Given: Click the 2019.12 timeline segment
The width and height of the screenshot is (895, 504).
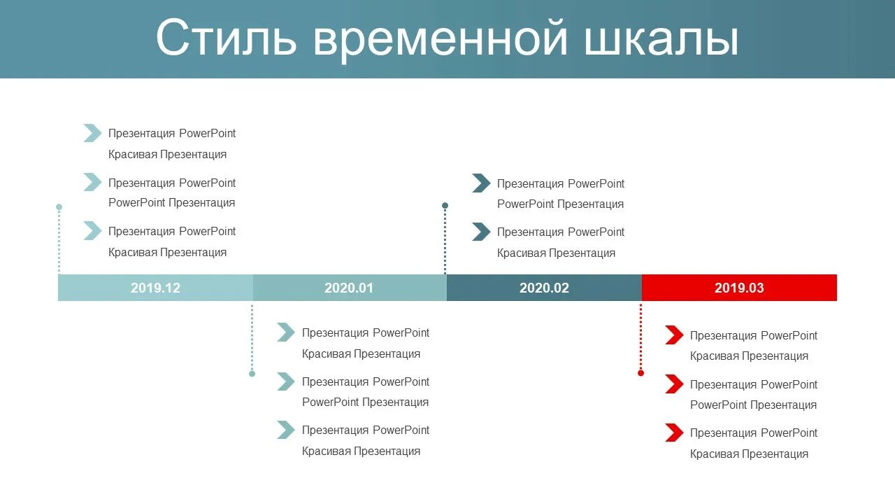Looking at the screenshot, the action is pos(155,288).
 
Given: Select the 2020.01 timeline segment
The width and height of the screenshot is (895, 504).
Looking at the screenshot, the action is pos(349,288).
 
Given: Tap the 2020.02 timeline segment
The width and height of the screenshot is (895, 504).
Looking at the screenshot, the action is pos(544,288).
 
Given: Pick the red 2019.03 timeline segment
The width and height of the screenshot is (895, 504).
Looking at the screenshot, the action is pos(739,288).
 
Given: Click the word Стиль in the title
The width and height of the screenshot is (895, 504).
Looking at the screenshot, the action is pos(224,38).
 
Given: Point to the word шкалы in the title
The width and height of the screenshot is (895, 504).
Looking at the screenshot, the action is pos(661,38).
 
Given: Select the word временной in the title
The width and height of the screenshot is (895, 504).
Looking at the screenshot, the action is pos(441,38).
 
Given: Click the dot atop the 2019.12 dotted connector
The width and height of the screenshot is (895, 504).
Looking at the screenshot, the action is pos(59,207).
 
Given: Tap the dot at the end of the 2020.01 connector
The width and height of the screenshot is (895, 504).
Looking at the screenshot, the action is pos(252,374).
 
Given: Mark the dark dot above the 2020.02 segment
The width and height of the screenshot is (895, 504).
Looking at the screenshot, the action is pos(445,206).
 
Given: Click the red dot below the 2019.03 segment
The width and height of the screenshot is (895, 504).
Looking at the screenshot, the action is pos(640,373).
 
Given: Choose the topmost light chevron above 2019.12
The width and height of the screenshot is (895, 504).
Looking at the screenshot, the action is pos(92,133).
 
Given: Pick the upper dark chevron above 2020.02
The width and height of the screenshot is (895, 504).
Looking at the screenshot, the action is pos(481,183).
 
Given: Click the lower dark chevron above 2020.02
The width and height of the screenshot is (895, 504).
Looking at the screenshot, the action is pos(481,232).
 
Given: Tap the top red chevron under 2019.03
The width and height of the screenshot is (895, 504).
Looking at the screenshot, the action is pos(674,335).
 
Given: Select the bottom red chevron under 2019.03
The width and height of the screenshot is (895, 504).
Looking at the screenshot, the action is pos(674,433).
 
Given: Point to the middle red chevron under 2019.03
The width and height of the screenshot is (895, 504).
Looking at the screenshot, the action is pos(674,384).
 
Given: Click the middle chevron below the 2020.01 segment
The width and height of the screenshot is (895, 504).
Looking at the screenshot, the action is pos(286,381).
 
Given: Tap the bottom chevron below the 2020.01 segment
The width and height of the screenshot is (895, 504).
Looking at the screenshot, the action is pos(286,430).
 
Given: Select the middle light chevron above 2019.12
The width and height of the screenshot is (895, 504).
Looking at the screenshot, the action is pos(92,182).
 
